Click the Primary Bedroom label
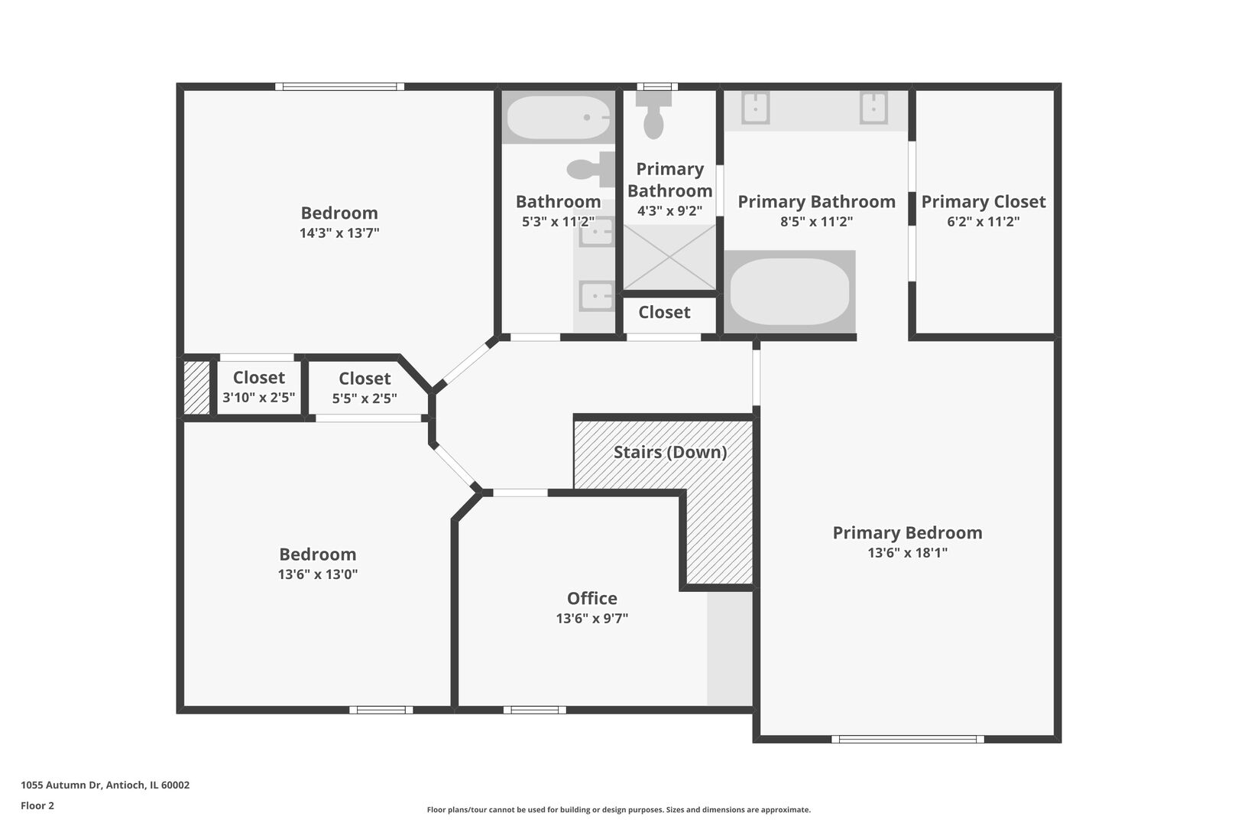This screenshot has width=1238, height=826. (907, 533)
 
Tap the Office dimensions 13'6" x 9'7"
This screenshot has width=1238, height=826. (591, 619)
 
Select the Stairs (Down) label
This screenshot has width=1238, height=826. (669, 452)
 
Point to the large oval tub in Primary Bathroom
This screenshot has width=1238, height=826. (789, 292)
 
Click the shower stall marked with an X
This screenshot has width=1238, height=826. (669, 257)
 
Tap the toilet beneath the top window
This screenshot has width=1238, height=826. (653, 115)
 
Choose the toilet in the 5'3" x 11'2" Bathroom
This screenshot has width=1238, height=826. (592, 169)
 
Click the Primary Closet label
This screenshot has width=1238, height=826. (983, 202)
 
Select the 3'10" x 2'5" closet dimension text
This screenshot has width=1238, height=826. (258, 398)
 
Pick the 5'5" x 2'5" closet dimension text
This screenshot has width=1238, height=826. (365, 398)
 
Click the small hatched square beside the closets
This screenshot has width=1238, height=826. (196, 388)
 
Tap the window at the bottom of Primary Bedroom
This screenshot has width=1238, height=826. (907, 739)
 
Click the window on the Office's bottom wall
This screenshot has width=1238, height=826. (534, 710)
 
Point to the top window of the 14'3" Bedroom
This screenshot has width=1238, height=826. (339, 86)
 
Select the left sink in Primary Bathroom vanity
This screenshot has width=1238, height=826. (755, 108)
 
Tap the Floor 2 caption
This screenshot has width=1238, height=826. (37, 805)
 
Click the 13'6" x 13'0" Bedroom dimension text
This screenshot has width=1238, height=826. (317, 574)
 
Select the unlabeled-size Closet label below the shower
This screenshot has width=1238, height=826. (664, 312)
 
